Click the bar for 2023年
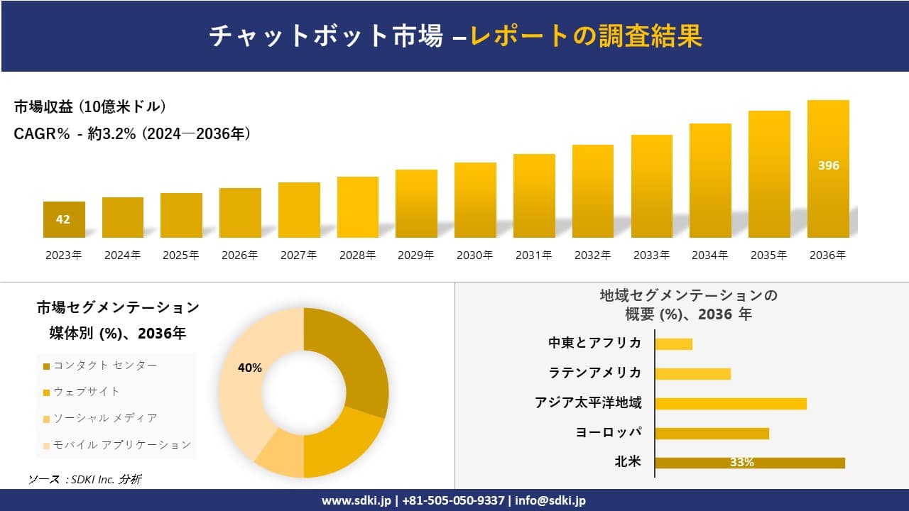click(64, 219)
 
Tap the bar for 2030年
click(475, 200)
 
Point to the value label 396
click(828, 165)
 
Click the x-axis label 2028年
click(357, 255)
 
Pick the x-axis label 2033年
click(651, 255)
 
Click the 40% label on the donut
click(250, 368)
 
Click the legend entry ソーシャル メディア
click(105, 418)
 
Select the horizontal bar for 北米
click(749, 463)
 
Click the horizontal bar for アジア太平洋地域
click(730, 403)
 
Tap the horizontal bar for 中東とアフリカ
click(673, 344)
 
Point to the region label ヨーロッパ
click(609, 432)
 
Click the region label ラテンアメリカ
click(594, 373)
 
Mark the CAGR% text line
click(132, 134)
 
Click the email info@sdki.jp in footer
click(550, 500)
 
